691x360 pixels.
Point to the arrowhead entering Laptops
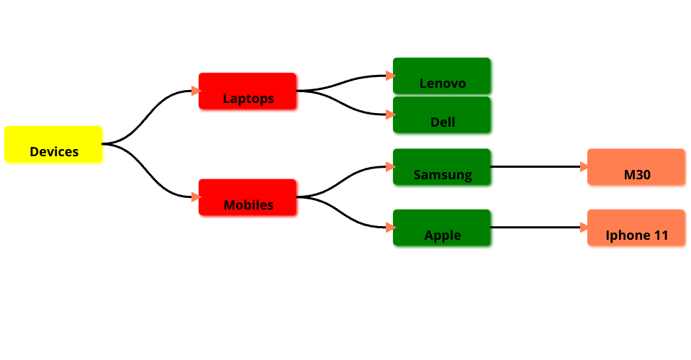point(195,91)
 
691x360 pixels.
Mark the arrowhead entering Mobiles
point(195,197)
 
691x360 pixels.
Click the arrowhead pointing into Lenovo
point(389,76)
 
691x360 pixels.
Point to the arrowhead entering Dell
point(389,114)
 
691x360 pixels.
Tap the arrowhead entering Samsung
point(389,167)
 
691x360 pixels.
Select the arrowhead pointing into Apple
point(389,228)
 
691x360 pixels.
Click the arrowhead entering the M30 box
point(584,167)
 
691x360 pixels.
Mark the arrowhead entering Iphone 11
point(584,228)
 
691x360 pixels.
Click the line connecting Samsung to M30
point(536,167)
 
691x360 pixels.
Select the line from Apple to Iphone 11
point(536,228)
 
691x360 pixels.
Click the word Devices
point(54,152)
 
